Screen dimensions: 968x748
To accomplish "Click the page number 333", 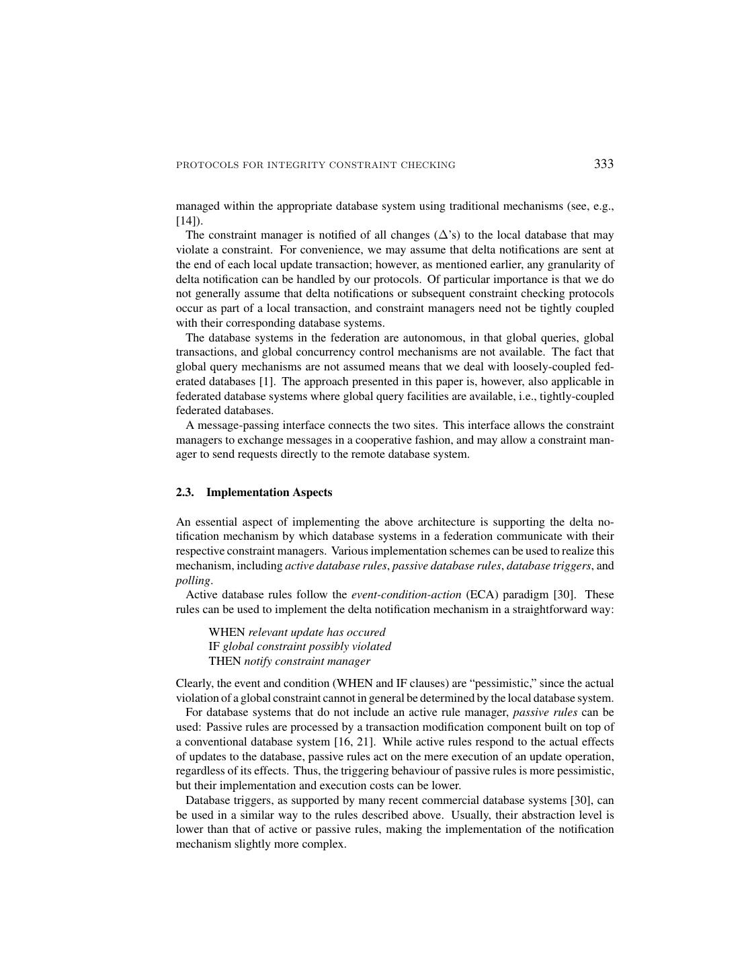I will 604,164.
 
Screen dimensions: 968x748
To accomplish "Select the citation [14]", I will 189,220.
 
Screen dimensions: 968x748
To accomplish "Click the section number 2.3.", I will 185,493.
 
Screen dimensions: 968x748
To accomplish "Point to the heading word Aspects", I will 312,493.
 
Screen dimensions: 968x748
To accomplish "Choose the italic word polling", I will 193,581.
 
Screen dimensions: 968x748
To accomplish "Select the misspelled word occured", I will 367,633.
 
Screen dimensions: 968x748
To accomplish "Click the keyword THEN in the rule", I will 224,661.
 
